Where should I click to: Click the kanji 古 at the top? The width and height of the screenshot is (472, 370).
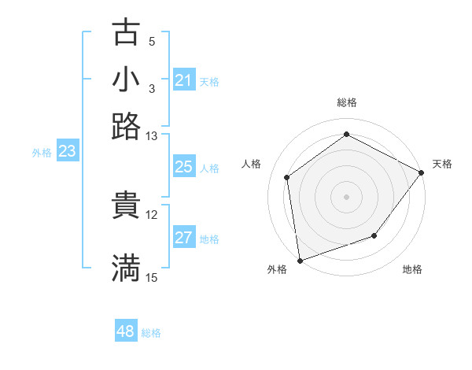[x=126, y=32]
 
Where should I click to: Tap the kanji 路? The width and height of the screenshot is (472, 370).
[x=126, y=126]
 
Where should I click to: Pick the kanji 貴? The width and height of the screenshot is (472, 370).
[x=126, y=204]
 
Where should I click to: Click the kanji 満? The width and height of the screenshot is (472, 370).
[x=126, y=267]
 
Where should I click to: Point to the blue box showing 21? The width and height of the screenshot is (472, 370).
[x=183, y=80]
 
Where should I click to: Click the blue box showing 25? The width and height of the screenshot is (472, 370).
[x=183, y=167]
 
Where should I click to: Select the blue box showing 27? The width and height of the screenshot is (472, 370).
[x=183, y=238]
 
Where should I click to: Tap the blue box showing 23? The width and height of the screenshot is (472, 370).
[x=66, y=151]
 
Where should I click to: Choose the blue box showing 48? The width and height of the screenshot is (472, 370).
[x=125, y=331]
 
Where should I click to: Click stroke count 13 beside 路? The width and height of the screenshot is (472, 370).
[x=152, y=136]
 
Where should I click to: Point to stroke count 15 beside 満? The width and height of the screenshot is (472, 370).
[x=152, y=277]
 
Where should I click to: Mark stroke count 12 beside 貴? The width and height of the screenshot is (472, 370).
[x=152, y=214]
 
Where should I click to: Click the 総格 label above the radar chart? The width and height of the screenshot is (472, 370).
[x=346, y=102]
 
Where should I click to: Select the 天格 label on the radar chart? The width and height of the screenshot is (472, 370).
[x=442, y=164]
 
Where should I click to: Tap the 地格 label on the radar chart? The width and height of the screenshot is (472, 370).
[x=412, y=269]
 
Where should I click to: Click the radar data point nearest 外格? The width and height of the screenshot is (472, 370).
[x=300, y=260]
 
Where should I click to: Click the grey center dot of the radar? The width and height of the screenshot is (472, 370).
[x=346, y=196]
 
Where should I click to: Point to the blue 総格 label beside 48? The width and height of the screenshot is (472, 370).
[x=151, y=333]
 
